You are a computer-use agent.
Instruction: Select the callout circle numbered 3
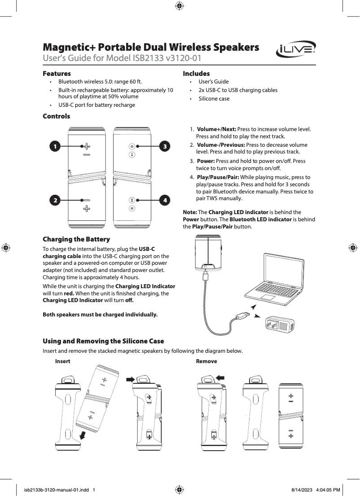(x=165, y=146)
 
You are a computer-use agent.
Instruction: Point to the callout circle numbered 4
(x=165, y=200)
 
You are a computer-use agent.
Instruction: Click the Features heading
(x=57, y=73)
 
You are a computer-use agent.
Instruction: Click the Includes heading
(x=196, y=73)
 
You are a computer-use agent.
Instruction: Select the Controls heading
(x=56, y=116)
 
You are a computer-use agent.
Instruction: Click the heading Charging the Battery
(x=76, y=239)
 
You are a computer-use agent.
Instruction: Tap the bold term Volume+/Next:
(x=216, y=129)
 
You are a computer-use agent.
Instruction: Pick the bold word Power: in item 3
(x=206, y=161)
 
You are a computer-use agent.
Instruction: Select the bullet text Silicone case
(x=214, y=99)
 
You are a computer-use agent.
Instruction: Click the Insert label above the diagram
(x=62, y=361)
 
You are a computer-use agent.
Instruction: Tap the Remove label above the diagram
(x=206, y=361)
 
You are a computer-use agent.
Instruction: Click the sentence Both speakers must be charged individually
(x=100, y=314)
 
